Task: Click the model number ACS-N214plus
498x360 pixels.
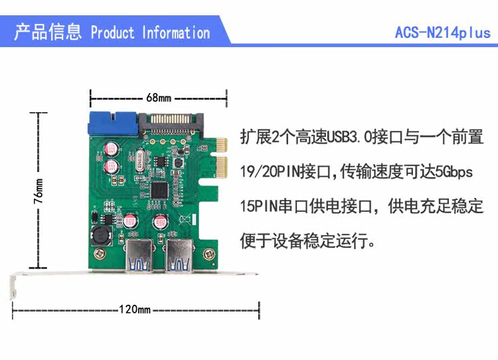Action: click(442, 33)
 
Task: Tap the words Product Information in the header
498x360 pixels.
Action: click(150, 33)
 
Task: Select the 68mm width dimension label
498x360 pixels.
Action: click(159, 98)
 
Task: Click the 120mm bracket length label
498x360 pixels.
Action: click(135, 310)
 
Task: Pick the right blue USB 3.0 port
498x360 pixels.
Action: click(179, 256)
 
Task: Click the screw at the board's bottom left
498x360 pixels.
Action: click(99, 252)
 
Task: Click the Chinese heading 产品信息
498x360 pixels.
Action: click(48, 32)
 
